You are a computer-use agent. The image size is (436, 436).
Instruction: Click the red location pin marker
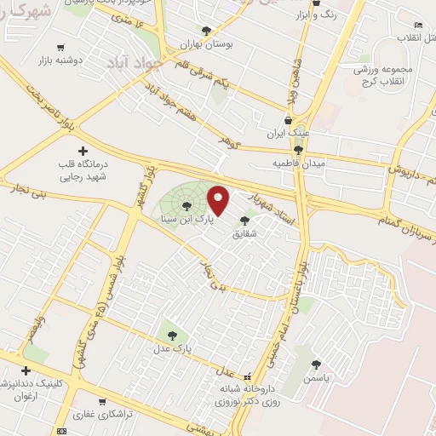[219, 200]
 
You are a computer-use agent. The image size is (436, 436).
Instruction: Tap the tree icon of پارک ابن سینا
[186, 206]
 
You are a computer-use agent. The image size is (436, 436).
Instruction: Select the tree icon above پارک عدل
[172, 336]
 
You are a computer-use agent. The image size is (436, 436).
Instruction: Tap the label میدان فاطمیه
[295, 162]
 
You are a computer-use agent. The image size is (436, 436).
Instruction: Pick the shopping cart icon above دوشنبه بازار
[59, 48]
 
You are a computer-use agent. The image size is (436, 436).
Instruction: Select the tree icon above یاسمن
[316, 364]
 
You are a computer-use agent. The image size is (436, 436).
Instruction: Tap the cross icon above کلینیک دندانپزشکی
[26, 370]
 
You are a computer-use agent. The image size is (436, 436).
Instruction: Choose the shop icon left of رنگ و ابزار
[317, 14]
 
